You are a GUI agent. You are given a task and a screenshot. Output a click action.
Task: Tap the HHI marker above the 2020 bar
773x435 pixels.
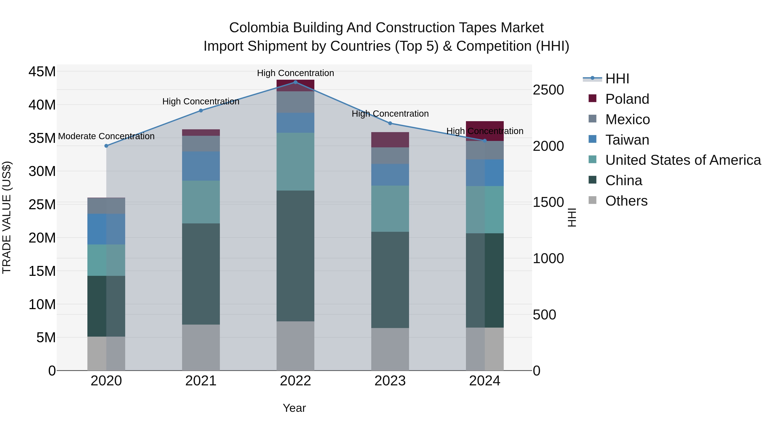click(x=106, y=146)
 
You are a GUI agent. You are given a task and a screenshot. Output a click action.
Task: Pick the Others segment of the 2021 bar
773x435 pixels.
click(x=201, y=347)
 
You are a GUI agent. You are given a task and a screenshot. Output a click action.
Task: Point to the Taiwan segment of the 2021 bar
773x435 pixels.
click(x=201, y=166)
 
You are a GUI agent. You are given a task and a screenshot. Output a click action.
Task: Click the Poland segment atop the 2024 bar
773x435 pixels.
click(x=484, y=131)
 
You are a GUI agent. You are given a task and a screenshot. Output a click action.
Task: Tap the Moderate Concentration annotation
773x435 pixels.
click(x=106, y=136)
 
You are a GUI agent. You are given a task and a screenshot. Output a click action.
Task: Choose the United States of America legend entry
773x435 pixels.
click(x=683, y=160)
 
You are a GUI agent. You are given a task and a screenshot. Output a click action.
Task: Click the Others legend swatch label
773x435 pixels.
click(x=626, y=201)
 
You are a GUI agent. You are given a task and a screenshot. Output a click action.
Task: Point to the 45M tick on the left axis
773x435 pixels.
click(x=42, y=72)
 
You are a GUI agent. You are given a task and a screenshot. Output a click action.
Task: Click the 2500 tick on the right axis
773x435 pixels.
click(x=548, y=90)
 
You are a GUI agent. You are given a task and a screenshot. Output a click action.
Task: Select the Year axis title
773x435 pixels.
click(x=294, y=408)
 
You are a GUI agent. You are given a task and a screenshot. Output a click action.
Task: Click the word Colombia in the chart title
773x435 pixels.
click(x=259, y=28)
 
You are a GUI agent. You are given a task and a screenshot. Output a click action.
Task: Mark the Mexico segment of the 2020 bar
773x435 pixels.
click(x=106, y=206)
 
